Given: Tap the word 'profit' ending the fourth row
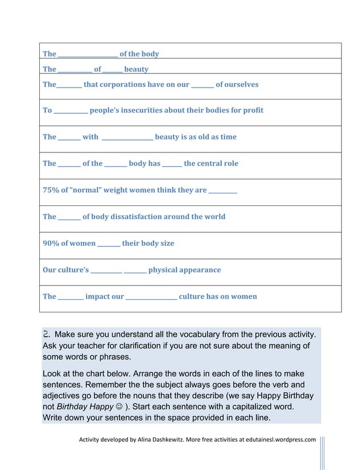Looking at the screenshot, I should click(x=252, y=110).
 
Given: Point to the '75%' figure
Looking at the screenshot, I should click(x=50, y=190).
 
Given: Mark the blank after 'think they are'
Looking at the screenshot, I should click(x=223, y=191).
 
